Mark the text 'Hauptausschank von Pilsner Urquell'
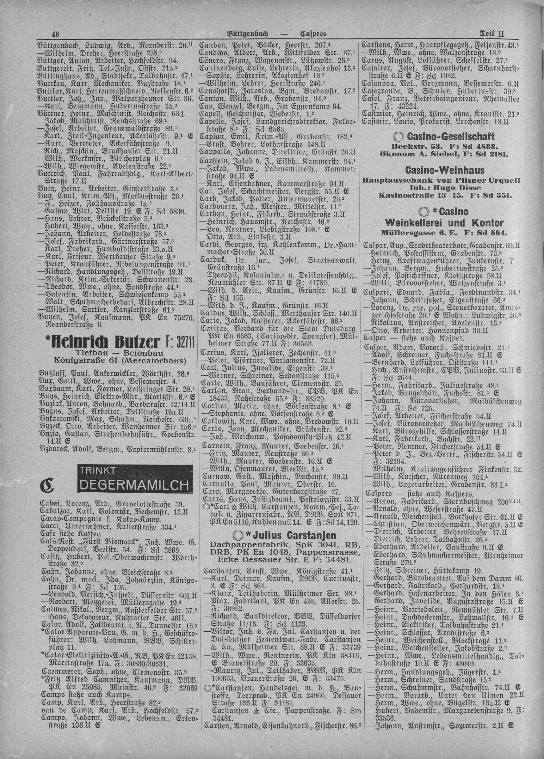[441, 180]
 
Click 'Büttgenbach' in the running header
[249, 34]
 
